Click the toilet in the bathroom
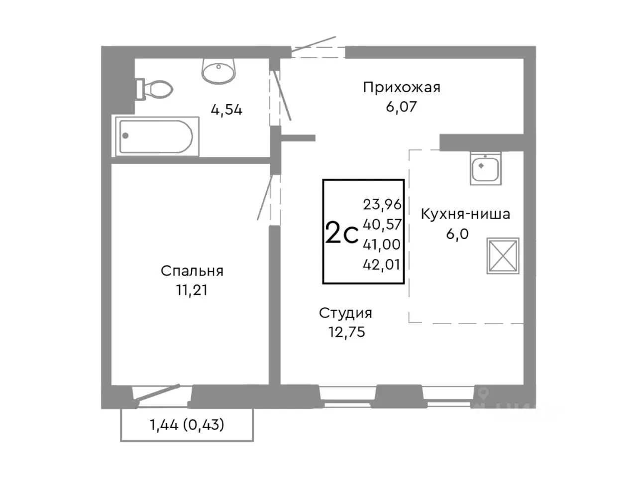[x=155, y=89]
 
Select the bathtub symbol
[x=157, y=135]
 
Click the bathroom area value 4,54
[x=226, y=110]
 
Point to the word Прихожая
[x=402, y=88]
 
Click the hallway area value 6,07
[x=401, y=107]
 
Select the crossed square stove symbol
[x=503, y=255]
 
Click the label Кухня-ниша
[x=465, y=215]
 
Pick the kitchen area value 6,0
[x=457, y=234]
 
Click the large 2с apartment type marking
[x=341, y=234]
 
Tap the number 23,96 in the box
[x=382, y=204]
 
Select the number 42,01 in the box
[x=382, y=264]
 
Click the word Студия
[x=345, y=313]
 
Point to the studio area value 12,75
[x=346, y=332]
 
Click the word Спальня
[x=192, y=271]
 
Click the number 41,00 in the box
[x=382, y=244]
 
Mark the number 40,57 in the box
[x=382, y=225]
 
